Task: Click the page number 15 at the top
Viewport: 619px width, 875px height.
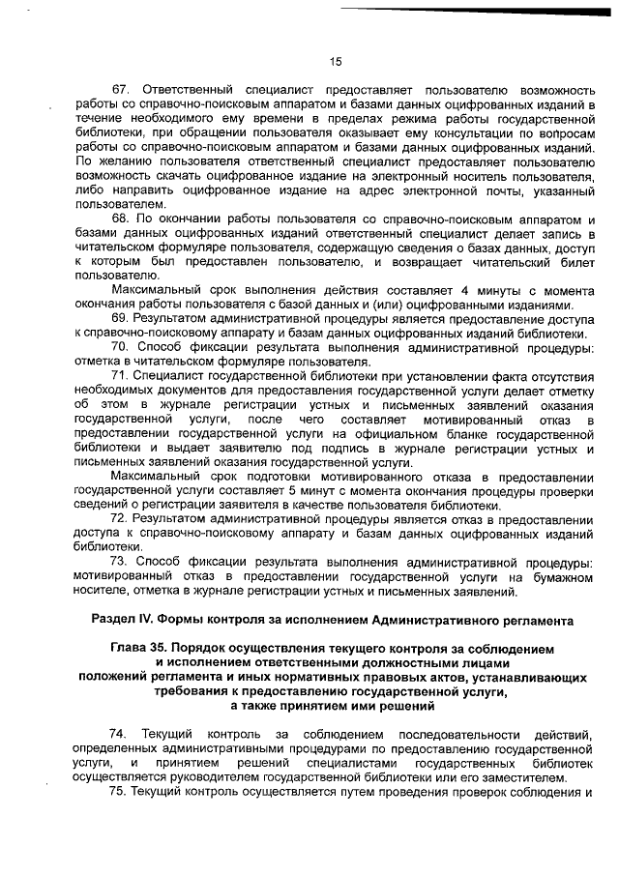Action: (x=336, y=61)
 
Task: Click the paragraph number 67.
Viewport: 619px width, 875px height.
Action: (x=121, y=88)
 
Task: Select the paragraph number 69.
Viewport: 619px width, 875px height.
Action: (x=121, y=317)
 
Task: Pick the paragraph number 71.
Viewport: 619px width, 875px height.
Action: (x=121, y=374)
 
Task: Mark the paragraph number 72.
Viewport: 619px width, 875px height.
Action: (x=121, y=519)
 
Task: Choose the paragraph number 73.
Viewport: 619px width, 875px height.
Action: (x=121, y=562)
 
